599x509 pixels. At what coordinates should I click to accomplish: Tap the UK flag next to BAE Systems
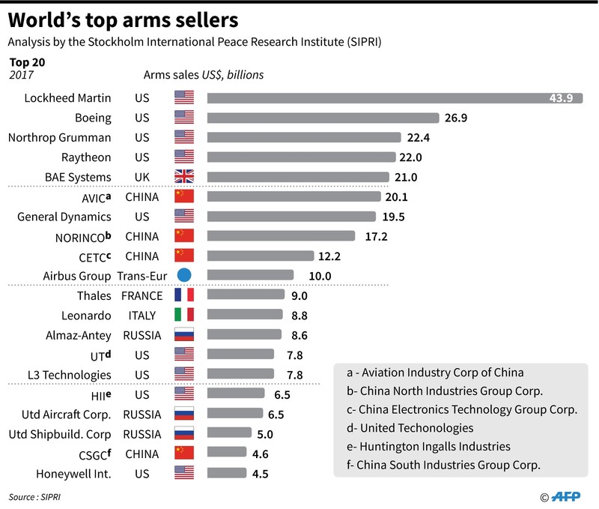tap(183, 177)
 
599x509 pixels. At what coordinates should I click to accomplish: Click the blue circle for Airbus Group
tap(183, 275)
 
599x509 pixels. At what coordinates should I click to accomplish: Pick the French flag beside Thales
tap(183, 295)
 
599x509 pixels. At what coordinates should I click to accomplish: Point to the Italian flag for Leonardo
tap(183, 315)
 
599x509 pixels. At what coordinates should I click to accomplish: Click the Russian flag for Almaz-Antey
tap(183, 335)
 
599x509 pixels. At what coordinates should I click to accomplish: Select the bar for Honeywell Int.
tap(226, 473)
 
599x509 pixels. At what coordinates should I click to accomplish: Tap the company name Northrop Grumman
tap(59, 137)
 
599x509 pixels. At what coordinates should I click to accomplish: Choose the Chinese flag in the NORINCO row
tap(183, 236)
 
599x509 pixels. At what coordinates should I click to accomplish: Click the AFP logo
tap(570, 496)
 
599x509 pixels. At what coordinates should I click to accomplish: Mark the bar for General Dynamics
tap(291, 217)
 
